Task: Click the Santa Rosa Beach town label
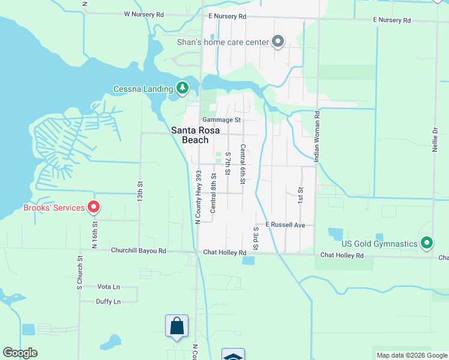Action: (190, 135)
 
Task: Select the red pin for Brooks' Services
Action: (94, 208)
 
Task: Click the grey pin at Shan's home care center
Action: (277, 41)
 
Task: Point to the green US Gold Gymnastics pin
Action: (427, 243)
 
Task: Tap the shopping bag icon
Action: (176, 326)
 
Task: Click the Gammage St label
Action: (221, 120)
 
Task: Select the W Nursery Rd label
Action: (143, 14)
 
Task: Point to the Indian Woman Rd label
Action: (317, 136)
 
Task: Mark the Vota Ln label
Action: (109, 287)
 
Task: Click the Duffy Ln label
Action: (108, 301)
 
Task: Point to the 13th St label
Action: (140, 191)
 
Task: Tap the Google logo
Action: (20, 353)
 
